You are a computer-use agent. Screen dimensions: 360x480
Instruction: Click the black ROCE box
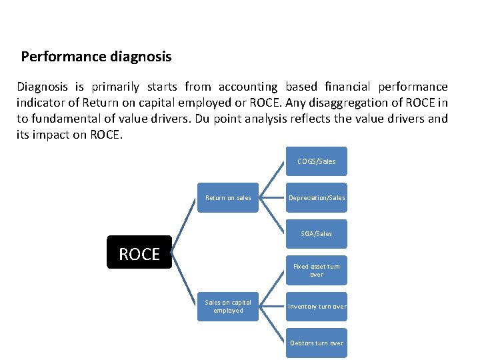pos(139,252)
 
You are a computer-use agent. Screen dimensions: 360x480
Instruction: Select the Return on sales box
pos(228,197)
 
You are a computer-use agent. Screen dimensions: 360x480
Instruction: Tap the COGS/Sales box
pos(317,161)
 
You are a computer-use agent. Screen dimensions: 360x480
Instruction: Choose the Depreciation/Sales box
pos(317,197)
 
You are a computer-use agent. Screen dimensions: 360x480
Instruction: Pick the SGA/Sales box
pos(317,233)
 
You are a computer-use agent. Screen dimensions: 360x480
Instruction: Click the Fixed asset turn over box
pos(317,270)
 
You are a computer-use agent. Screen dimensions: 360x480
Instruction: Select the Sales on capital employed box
pos(228,306)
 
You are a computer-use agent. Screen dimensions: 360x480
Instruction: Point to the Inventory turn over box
pos(317,306)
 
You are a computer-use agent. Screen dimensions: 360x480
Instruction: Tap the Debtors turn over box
pos(317,343)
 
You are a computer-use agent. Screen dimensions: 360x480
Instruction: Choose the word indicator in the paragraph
pos(39,103)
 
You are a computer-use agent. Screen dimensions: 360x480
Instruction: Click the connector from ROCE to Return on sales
pos(185,225)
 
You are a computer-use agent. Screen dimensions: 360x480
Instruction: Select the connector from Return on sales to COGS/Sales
pos(273,179)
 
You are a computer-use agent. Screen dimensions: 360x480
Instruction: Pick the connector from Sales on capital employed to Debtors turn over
pos(273,325)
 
